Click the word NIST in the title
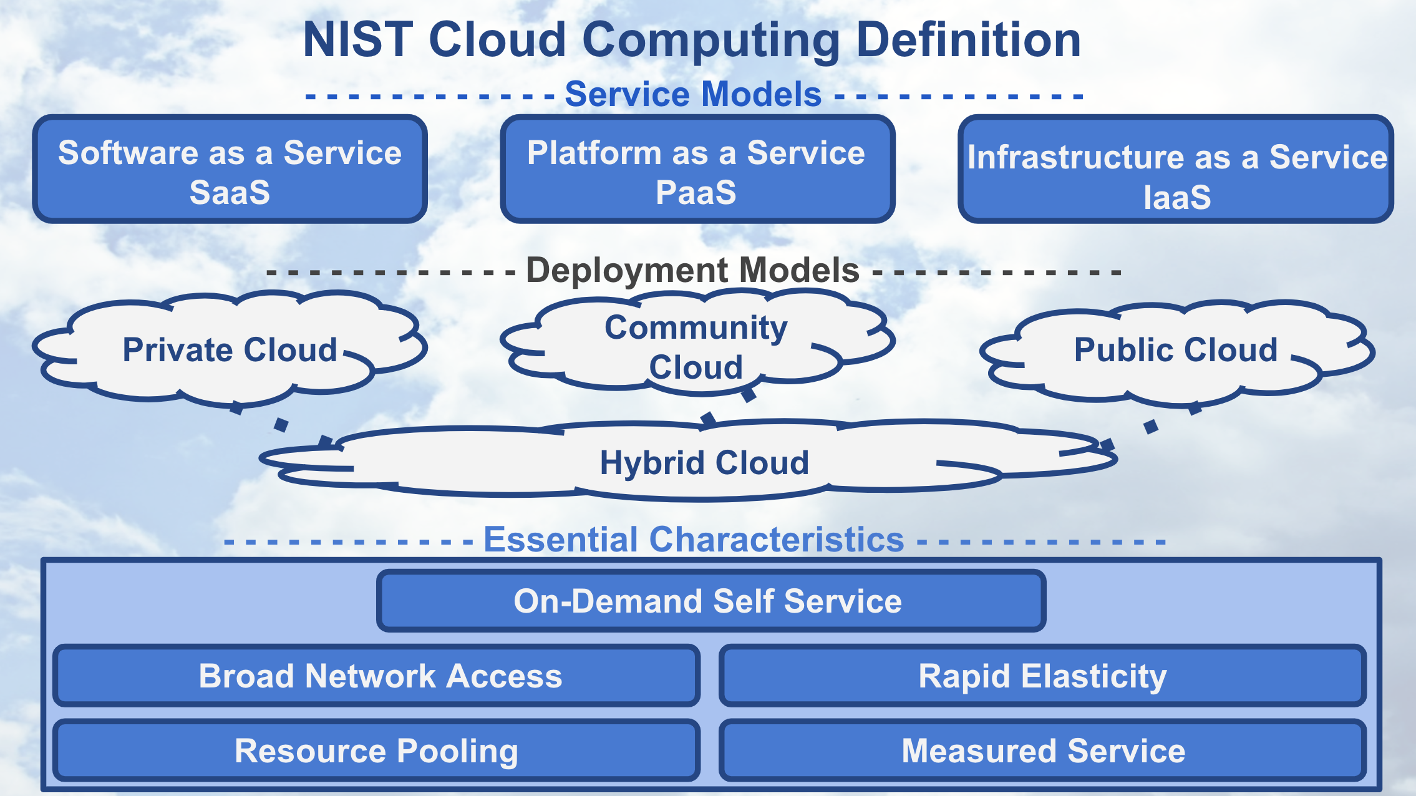[x=357, y=40]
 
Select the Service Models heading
[x=692, y=95]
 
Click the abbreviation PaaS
[x=696, y=193]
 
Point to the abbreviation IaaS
[x=1176, y=198]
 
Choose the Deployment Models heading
[x=692, y=271]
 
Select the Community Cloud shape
[x=696, y=346]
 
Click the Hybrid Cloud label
[x=704, y=463]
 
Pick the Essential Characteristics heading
[x=694, y=540]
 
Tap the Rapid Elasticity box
[x=1042, y=676]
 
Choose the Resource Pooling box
[x=377, y=750]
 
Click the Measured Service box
[x=1042, y=750]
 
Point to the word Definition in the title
[x=968, y=40]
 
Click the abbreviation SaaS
[x=230, y=193]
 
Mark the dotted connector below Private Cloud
[x=281, y=425]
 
